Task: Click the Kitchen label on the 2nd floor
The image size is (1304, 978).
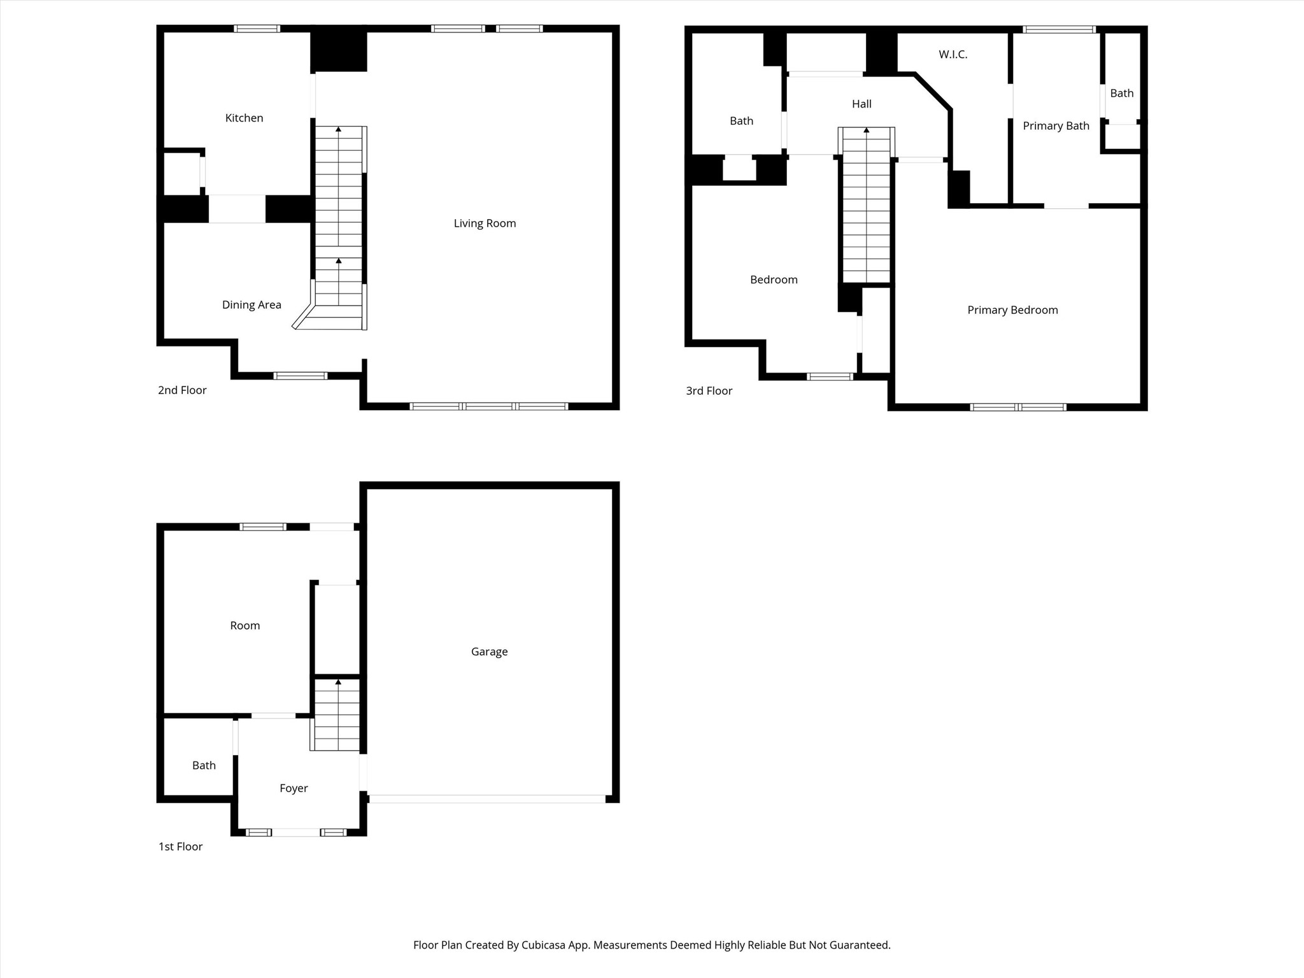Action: (244, 118)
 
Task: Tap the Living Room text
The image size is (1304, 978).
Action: (485, 223)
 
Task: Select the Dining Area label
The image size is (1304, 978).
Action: (252, 304)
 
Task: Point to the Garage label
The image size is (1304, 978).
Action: (489, 651)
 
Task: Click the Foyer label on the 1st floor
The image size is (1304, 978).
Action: (294, 788)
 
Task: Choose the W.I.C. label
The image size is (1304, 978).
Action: (953, 55)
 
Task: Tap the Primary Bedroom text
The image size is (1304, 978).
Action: (1012, 310)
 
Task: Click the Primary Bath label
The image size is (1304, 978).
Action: (1056, 126)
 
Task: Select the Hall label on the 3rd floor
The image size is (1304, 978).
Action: (861, 104)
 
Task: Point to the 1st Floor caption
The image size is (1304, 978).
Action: (180, 846)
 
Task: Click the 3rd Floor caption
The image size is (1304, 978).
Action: (709, 390)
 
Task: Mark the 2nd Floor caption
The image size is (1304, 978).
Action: (182, 390)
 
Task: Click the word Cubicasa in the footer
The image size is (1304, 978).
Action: (544, 945)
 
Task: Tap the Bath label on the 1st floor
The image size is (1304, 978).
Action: (204, 765)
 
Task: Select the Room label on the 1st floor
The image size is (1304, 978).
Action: (244, 625)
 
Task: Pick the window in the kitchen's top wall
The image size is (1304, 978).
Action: (256, 29)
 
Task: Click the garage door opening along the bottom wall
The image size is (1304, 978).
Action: (487, 798)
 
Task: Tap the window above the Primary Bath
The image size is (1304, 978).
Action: (1058, 29)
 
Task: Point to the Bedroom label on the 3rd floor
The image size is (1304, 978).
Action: (774, 280)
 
